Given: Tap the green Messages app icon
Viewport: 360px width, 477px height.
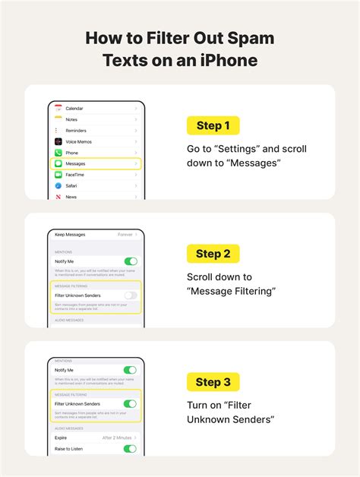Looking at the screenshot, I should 58,163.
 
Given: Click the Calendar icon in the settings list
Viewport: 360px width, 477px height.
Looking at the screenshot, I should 58,109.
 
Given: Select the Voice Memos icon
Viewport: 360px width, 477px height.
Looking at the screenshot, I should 58,141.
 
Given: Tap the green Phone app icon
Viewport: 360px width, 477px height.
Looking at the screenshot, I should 58,153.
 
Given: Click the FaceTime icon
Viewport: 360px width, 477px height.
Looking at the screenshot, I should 58,175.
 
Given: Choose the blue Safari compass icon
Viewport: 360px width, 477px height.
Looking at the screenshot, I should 58,185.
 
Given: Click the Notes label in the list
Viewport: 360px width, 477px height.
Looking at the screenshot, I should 72,119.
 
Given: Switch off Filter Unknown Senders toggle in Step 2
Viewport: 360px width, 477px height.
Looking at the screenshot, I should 131,295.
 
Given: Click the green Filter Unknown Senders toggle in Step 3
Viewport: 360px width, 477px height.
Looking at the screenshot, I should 131,403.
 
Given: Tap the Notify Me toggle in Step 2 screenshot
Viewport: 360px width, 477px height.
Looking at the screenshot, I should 131,261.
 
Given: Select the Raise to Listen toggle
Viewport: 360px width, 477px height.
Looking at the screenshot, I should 131,449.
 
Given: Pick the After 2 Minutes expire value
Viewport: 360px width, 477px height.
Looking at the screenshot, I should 118,438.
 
